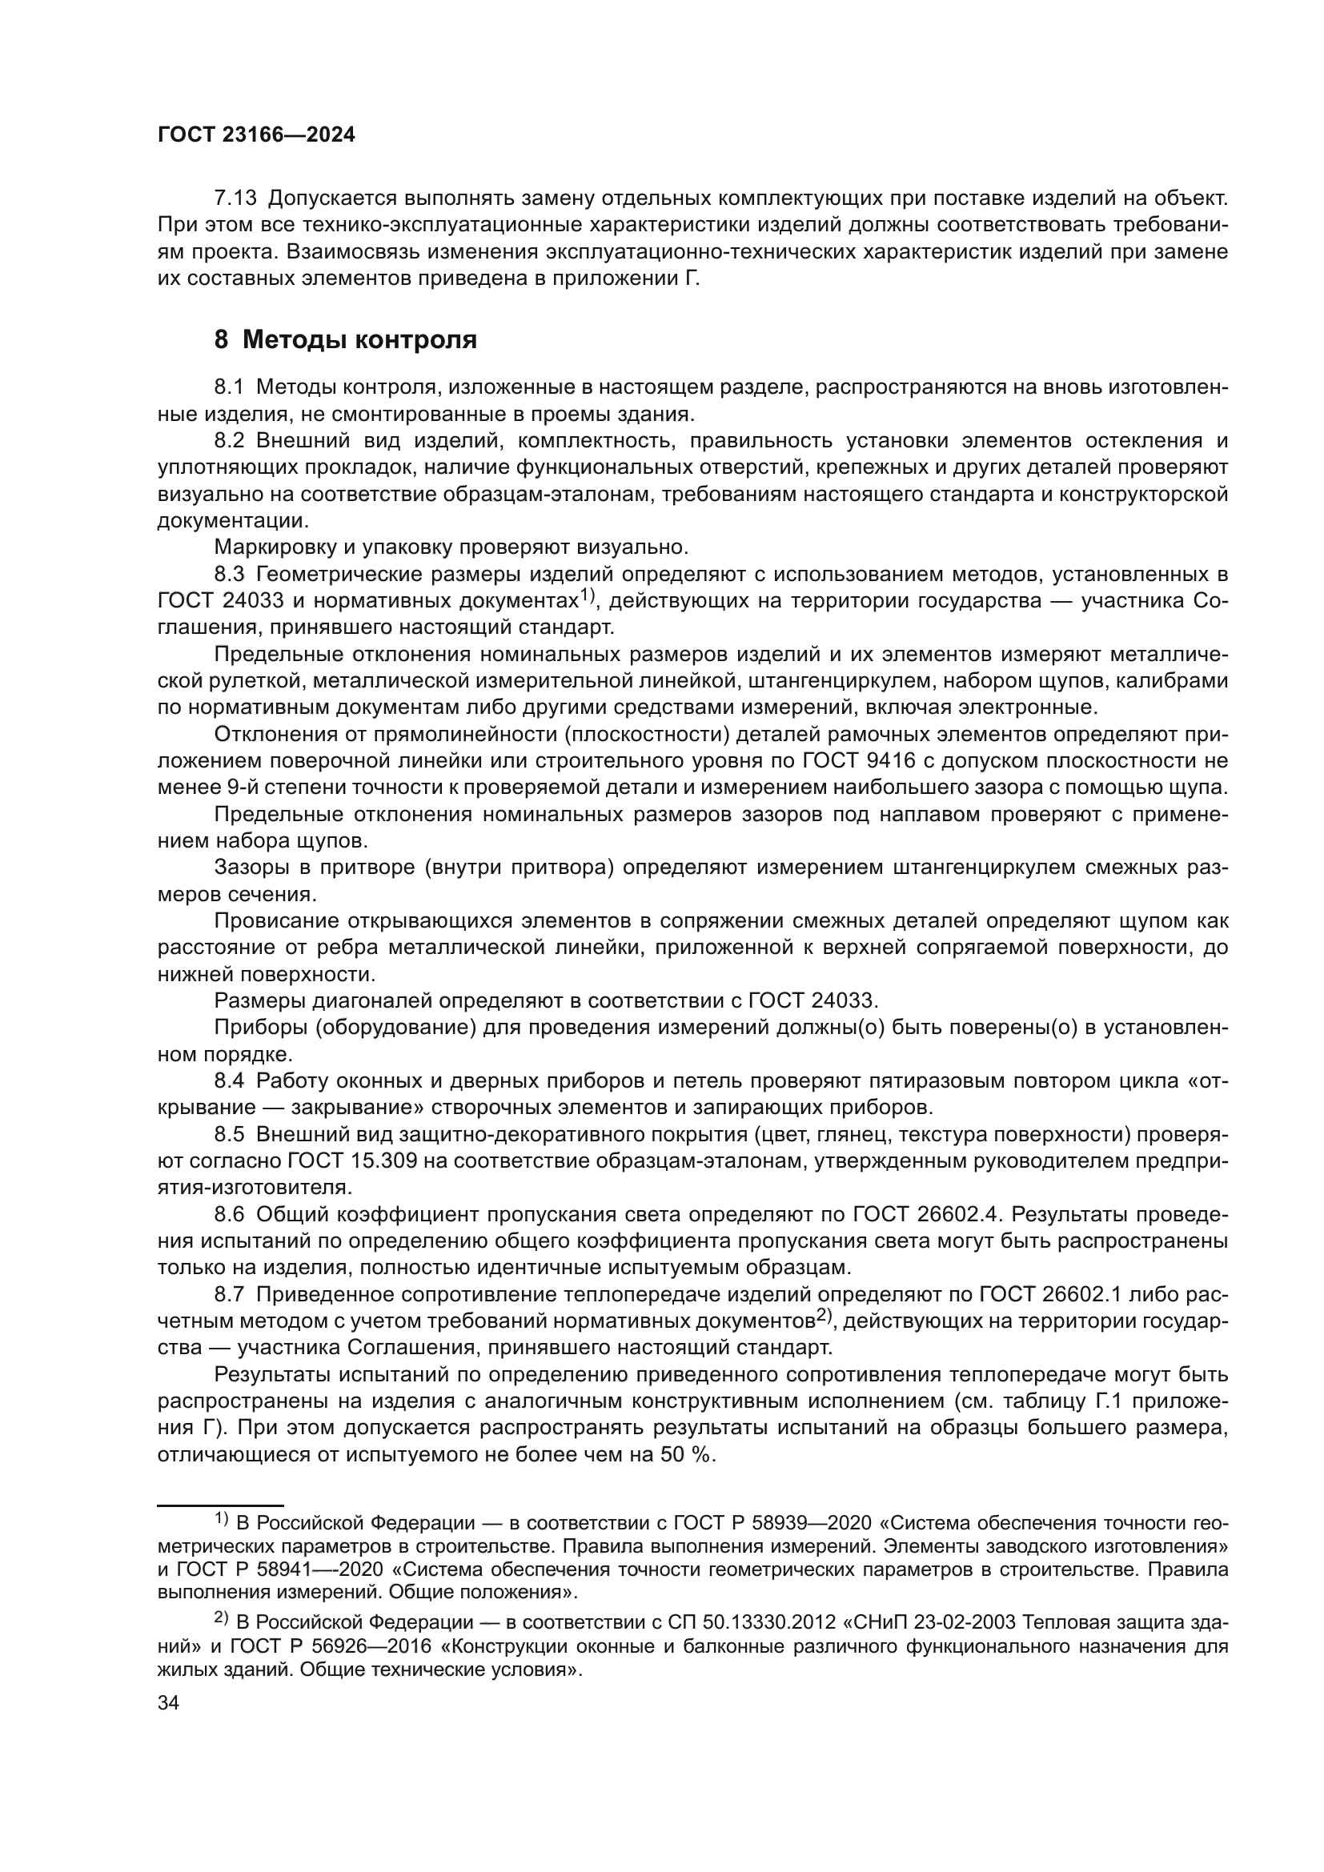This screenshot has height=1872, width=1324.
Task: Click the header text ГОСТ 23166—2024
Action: (256, 135)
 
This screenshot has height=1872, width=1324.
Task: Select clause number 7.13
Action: (235, 198)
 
